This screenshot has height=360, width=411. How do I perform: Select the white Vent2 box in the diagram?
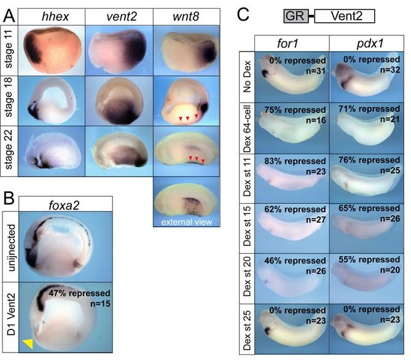tap(343, 15)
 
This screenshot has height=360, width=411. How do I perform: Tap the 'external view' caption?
tap(186, 221)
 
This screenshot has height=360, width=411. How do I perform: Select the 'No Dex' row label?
tap(247, 77)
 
